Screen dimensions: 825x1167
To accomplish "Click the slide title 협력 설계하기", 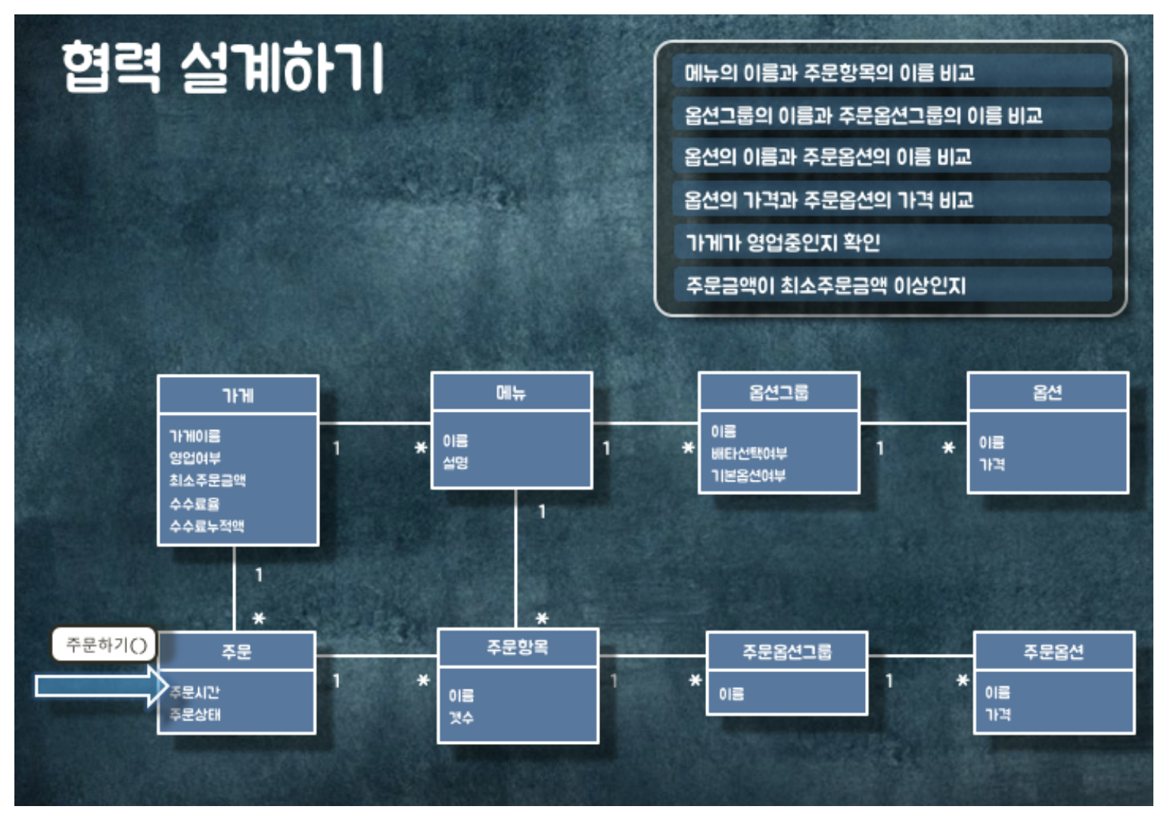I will coord(224,68).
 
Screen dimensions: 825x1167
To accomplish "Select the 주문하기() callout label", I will coord(105,645).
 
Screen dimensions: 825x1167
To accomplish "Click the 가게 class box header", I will coord(238,395).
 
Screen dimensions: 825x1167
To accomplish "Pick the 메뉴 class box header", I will coord(511,392).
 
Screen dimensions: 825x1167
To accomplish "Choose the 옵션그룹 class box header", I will coord(779,392).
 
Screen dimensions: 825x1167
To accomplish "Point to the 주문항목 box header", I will coord(518,647).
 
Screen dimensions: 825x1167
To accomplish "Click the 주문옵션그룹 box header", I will coord(786,651).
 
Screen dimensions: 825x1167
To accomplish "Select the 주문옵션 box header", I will coord(1053,651).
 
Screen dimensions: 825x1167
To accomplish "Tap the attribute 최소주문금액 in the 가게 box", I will coord(207,481).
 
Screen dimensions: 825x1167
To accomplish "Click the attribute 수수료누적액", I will coord(207,526).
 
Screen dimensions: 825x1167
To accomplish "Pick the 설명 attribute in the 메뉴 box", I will coord(456,462).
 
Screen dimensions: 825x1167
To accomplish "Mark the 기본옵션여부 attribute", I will coord(748,475).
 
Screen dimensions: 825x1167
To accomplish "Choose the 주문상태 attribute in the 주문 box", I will coord(194,714).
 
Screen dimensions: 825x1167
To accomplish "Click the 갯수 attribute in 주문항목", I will coord(461,717).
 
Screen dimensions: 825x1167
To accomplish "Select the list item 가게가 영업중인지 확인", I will coord(783,242).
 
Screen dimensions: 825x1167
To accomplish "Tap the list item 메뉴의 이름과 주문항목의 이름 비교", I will coord(829,73).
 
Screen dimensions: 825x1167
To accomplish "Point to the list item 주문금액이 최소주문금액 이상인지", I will coord(826,285).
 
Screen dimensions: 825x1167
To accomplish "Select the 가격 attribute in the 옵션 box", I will coord(992,464).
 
